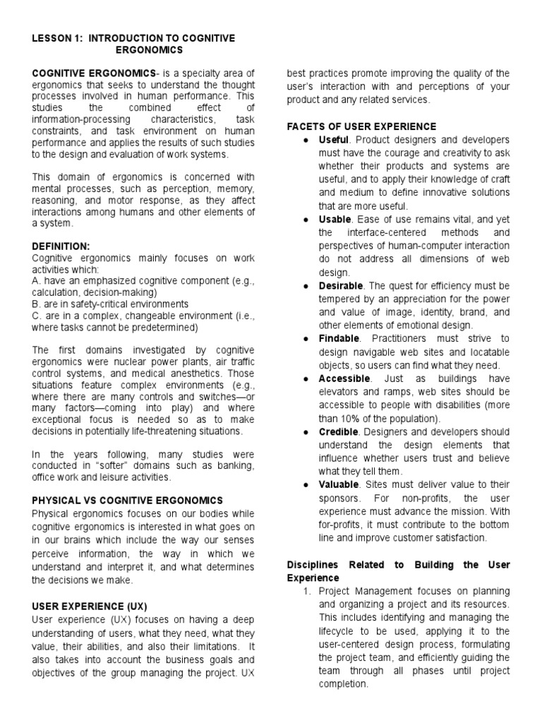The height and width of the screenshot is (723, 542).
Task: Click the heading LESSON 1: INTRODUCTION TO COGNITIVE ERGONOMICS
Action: coord(143,44)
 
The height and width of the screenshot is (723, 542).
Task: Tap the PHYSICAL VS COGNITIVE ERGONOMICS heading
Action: coord(128,500)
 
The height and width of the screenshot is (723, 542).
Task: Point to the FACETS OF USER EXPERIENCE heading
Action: coord(361,126)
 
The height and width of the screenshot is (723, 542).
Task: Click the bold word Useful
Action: coord(333,140)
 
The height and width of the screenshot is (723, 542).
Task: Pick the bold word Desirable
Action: coord(340,286)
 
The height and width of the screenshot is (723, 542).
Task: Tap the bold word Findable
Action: coord(339,339)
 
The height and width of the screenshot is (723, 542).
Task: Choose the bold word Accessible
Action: coord(344,379)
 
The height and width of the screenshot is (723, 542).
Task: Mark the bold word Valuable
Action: coord(339,485)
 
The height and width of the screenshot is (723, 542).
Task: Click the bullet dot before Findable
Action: coord(304,339)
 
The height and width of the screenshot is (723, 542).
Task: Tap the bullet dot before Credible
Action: coord(304,431)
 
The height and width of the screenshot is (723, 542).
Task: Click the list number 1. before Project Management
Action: coord(306,590)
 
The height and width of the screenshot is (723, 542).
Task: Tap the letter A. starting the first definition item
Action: coord(37,280)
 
